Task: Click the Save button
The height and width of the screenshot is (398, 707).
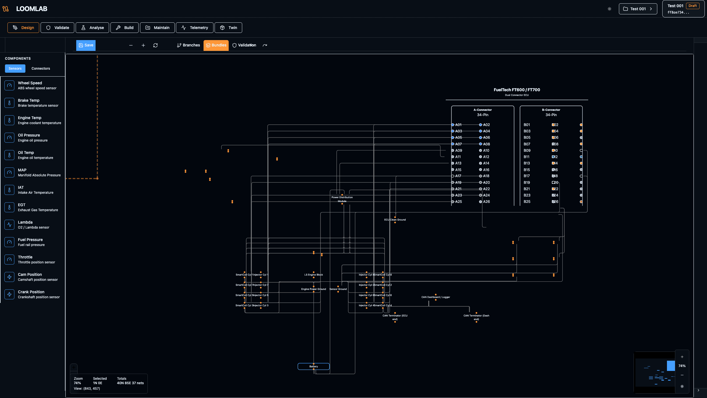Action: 86,45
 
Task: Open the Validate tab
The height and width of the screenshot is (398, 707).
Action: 57,28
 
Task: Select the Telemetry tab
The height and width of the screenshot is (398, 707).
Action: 195,28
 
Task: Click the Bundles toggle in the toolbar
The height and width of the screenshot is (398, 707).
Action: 216,45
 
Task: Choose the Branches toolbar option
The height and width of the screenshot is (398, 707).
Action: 188,45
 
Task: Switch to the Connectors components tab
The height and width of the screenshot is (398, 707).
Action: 41,69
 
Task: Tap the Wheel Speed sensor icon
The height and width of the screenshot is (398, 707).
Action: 9,85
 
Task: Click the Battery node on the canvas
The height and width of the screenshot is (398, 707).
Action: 313,366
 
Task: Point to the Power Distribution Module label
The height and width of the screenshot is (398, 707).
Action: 342,199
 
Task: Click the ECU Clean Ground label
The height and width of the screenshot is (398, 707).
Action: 395,220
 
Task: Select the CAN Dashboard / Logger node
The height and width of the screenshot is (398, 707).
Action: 436,297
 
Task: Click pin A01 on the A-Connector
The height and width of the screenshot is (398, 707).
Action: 453,125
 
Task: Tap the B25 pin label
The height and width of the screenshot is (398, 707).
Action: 527,202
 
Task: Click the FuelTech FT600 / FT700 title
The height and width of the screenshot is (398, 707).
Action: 517,90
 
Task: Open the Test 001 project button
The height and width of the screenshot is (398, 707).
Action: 638,9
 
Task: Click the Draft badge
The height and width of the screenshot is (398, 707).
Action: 692,6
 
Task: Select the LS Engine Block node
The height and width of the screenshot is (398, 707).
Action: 313,275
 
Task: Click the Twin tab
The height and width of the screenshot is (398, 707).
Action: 228,28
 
